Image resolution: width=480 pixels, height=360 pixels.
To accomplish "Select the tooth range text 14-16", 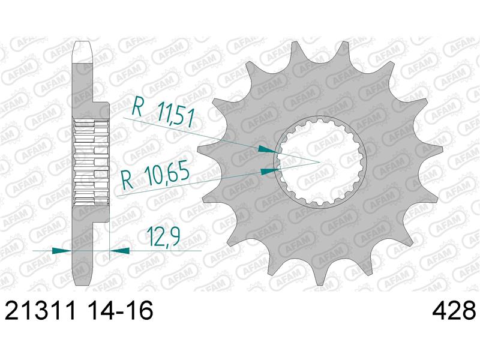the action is (118, 311).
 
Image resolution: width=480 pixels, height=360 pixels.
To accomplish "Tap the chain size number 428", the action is (454, 311).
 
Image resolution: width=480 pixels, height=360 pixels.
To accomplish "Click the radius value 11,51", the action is (176, 115).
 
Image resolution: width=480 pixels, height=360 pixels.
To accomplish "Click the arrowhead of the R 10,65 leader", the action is (269, 171).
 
